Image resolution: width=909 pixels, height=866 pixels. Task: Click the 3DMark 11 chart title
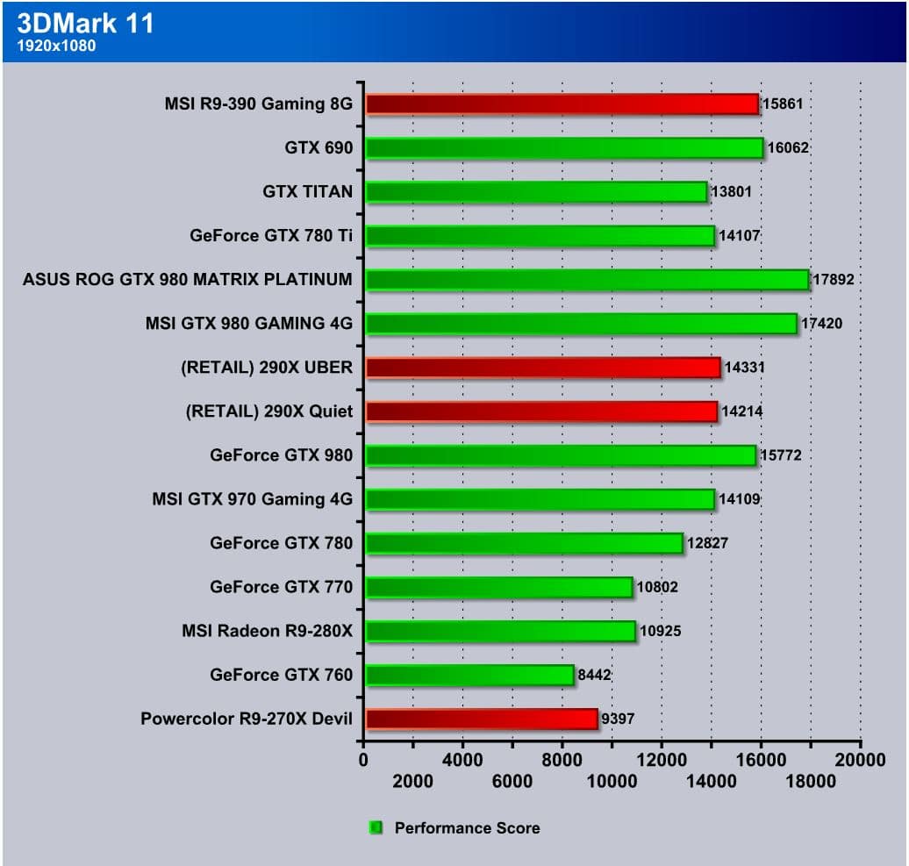86,23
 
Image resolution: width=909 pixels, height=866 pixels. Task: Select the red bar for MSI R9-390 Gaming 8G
562,104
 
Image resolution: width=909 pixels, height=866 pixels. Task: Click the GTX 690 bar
564,147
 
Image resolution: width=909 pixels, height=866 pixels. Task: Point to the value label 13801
731,191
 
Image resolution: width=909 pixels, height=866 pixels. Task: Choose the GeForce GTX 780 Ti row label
271,235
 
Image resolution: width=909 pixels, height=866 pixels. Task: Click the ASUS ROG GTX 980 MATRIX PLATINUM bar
587,279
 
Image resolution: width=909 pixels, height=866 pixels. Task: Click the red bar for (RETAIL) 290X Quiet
541,411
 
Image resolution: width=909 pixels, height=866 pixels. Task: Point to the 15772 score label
780,455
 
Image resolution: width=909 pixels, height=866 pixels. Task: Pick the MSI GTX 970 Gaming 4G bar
540,498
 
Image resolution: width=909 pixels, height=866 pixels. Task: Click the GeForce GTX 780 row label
281,542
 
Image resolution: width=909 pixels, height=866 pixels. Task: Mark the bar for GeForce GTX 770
498,587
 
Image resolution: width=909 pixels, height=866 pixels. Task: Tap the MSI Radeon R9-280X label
267,630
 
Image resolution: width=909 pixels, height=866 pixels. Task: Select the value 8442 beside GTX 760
594,675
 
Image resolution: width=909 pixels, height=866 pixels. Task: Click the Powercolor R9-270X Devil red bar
482,719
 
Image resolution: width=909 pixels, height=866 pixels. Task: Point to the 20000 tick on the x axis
860,760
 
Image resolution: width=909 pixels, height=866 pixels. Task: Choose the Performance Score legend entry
467,827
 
